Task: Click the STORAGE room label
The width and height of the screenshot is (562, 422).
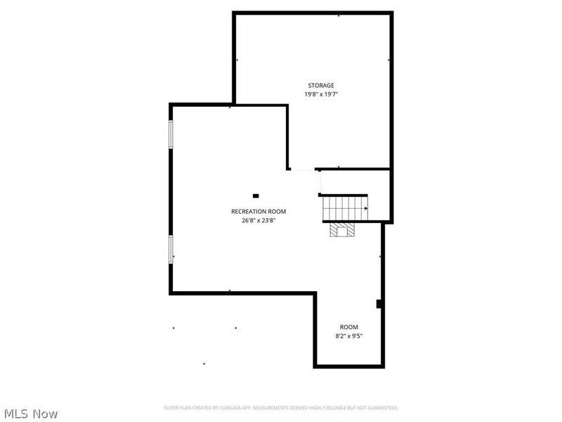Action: pos(321,85)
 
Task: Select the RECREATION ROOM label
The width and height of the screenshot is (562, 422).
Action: pos(259,211)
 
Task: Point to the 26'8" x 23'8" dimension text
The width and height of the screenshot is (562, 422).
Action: pos(259,219)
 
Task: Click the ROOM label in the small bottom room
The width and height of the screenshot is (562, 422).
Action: pos(349,327)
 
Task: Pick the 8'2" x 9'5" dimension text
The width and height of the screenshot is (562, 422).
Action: pos(349,335)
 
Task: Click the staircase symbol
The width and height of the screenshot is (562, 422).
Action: pos(345,208)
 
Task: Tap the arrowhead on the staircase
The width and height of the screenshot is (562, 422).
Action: pos(365,208)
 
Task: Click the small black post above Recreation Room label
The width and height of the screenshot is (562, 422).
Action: pos(256,196)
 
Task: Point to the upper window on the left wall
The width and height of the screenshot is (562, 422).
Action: pos(170,134)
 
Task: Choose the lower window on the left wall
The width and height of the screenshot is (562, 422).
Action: pos(170,249)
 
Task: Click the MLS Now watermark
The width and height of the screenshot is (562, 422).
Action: pos(31,414)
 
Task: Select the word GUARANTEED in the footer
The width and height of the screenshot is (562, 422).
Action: pos(382,408)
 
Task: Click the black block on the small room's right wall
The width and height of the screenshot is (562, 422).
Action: pos(379,304)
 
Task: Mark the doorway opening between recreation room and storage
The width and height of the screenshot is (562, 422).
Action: pos(303,170)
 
